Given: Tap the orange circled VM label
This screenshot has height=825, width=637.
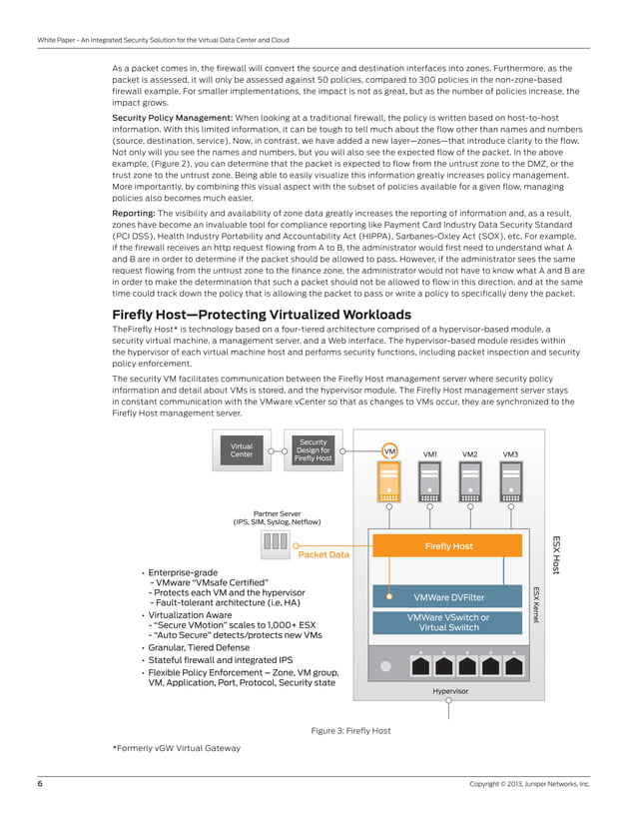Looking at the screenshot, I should pos(389,451).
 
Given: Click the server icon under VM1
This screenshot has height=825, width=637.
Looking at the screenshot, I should pos(429,485).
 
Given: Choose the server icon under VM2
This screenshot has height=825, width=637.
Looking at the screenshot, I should pos(469,485).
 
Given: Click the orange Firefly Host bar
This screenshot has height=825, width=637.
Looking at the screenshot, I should pos(448,546).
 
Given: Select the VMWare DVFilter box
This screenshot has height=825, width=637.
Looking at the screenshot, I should pos(448,597).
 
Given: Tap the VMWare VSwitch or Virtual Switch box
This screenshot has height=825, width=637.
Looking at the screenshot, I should pos(448,622).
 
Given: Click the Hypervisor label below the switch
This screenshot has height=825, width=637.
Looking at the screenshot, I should pos(450,691).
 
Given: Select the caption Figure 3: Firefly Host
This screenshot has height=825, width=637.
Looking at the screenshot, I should pos(350,731).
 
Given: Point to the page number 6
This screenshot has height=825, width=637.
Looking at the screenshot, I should pos(40,784).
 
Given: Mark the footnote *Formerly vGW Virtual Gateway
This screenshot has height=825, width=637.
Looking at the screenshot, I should pos(177,748).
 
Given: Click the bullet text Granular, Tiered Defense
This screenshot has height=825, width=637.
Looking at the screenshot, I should pos(199,647).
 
